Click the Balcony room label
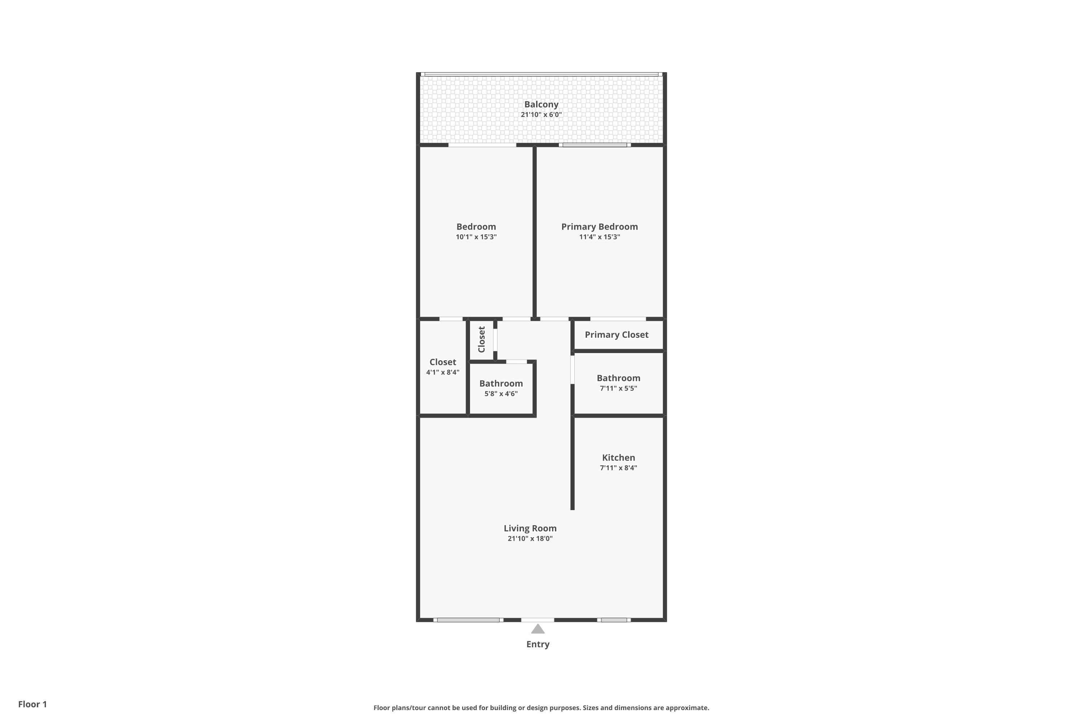pyautogui.click(x=541, y=105)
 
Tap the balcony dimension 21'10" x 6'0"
pyautogui.click(x=541, y=115)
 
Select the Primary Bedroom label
pyautogui.click(x=600, y=227)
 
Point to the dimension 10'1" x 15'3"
pyautogui.click(x=476, y=237)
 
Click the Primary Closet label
pyautogui.click(x=617, y=335)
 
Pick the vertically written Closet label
pyautogui.click(x=482, y=339)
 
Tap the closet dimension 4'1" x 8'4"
pyautogui.click(x=443, y=373)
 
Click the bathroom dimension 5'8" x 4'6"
pyautogui.click(x=501, y=394)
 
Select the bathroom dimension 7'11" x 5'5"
pyautogui.click(x=618, y=388)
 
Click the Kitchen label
pyautogui.click(x=618, y=458)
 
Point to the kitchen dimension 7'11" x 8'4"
pyautogui.click(x=618, y=468)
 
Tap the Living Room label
pyautogui.click(x=530, y=529)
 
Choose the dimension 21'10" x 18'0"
pyautogui.click(x=530, y=539)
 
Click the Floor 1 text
pyautogui.click(x=33, y=704)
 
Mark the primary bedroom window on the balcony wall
pyautogui.click(x=595, y=145)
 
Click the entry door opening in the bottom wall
pyautogui.click(x=538, y=620)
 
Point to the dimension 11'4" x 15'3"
pyautogui.click(x=600, y=237)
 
